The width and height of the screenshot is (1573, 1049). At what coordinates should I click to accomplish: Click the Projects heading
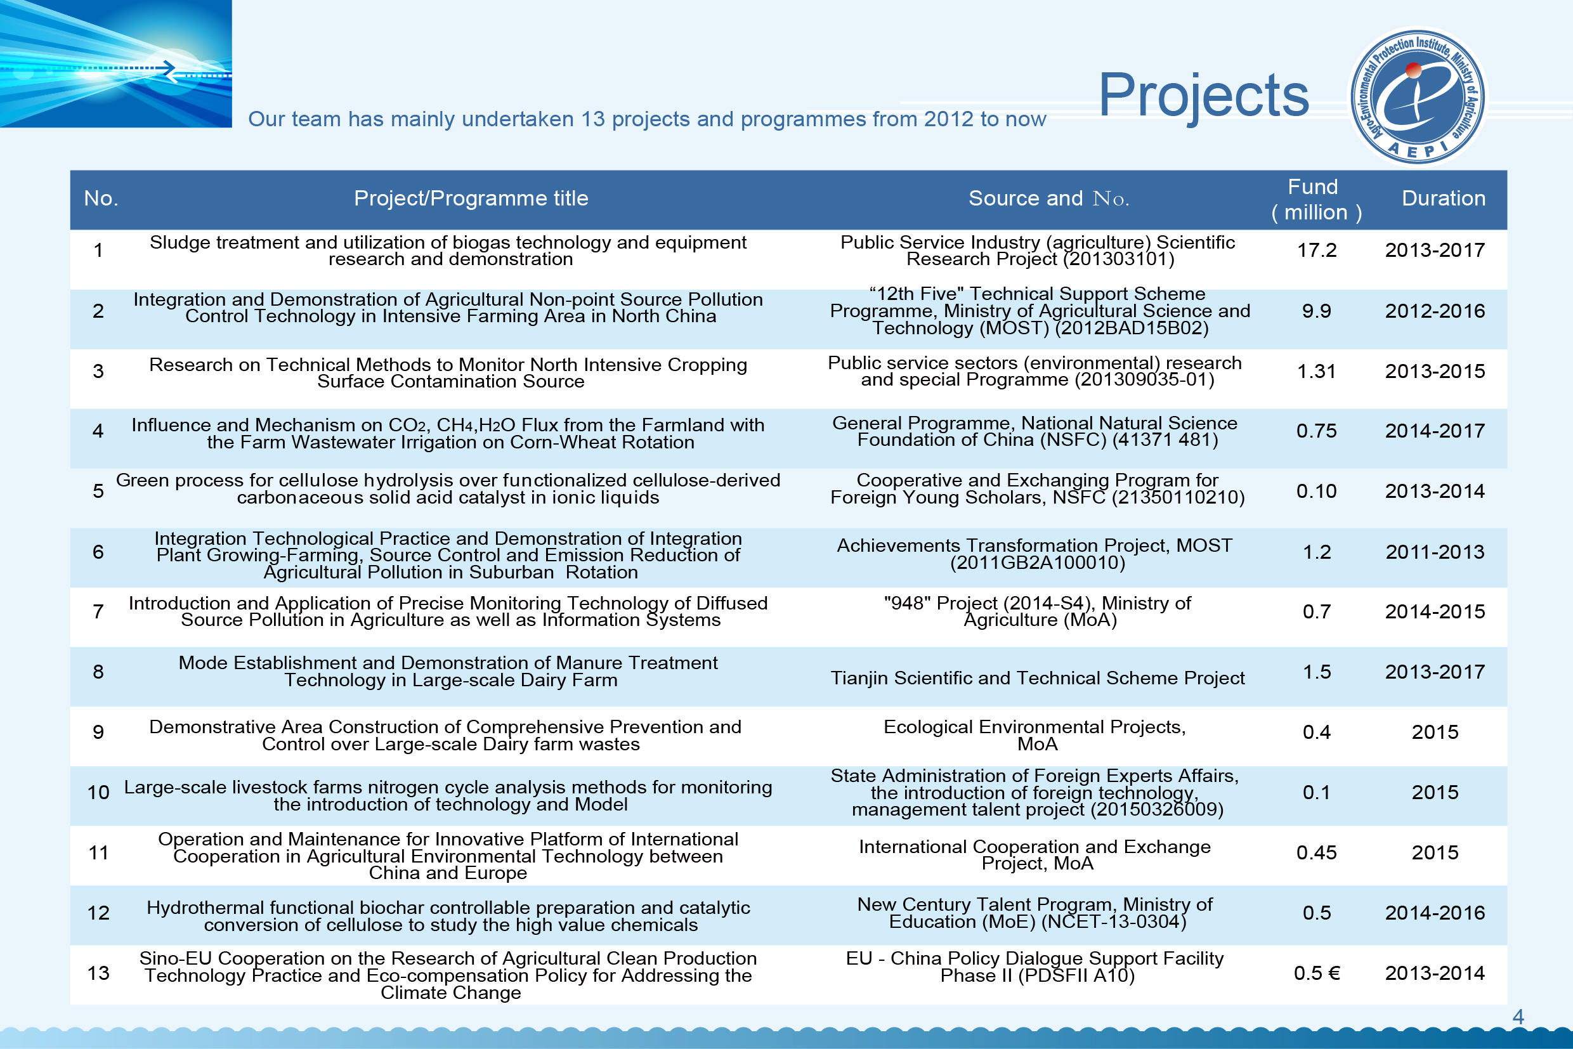click(x=1203, y=95)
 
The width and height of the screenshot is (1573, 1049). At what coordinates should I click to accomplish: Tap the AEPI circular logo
click(x=1416, y=96)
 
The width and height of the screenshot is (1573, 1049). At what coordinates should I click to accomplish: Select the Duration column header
click(x=1443, y=199)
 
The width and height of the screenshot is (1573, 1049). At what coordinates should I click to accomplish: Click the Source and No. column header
click(x=1048, y=199)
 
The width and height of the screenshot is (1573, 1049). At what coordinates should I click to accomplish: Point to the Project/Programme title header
click(x=471, y=199)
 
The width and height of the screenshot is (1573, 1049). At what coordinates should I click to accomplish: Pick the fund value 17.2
click(x=1316, y=251)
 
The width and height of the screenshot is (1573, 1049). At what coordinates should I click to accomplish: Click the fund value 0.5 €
click(x=1316, y=973)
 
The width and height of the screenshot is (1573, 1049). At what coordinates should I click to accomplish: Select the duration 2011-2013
click(x=1435, y=552)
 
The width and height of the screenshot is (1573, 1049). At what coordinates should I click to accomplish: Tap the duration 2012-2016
click(x=1435, y=311)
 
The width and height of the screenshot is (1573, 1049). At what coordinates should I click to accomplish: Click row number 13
click(x=98, y=973)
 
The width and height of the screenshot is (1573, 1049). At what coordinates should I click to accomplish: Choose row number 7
click(x=98, y=611)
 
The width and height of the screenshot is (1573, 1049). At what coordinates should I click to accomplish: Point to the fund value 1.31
click(x=1316, y=371)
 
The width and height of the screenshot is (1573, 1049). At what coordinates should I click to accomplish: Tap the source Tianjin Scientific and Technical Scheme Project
click(x=1037, y=679)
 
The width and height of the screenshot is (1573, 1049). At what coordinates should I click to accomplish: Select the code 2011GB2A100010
click(x=1037, y=563)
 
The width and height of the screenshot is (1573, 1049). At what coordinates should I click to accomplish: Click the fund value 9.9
click(x=1316, y=311)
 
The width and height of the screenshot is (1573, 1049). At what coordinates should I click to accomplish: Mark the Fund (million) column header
click(x=1315, y=199)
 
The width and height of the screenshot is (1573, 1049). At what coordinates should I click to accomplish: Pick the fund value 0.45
click(x=1316, y=853)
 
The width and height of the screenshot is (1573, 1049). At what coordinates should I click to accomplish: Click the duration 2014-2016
click(x=1435, y=913)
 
